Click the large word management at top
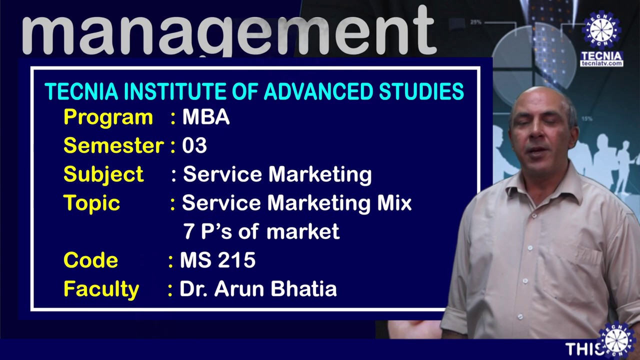coord(229,31)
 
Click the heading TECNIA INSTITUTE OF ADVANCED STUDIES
coord(254,92)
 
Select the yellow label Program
coord(108,117)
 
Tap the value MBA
coord(205,117)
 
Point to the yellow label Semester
coord(113,145)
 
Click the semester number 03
coord(194,145)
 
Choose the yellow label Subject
coord(103,174)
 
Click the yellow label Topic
coord(91,203)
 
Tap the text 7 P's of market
coord(261,231)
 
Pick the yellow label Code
coord(90,260)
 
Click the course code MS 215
coord(217,260)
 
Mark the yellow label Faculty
coord(101,289)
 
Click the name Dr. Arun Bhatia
coord(258,289)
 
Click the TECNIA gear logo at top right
coord(601,30)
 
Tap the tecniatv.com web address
coord(601,63)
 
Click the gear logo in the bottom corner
coord(618,340)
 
